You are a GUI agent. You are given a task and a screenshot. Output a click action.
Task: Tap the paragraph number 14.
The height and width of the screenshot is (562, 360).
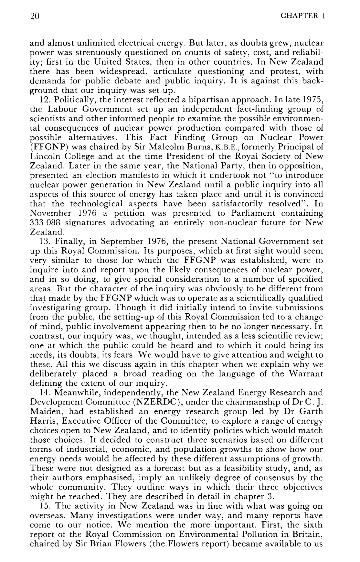[x=44, y=393]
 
